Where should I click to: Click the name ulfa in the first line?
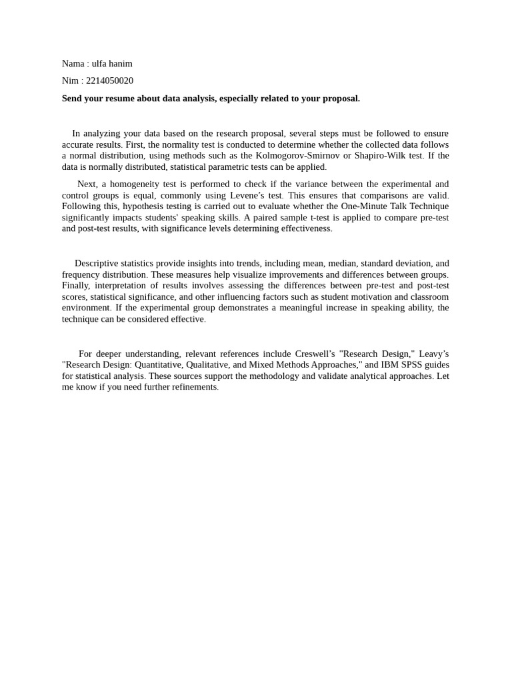100,64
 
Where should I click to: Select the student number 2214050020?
110,81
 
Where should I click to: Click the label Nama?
73,64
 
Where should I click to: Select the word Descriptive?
97,264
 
